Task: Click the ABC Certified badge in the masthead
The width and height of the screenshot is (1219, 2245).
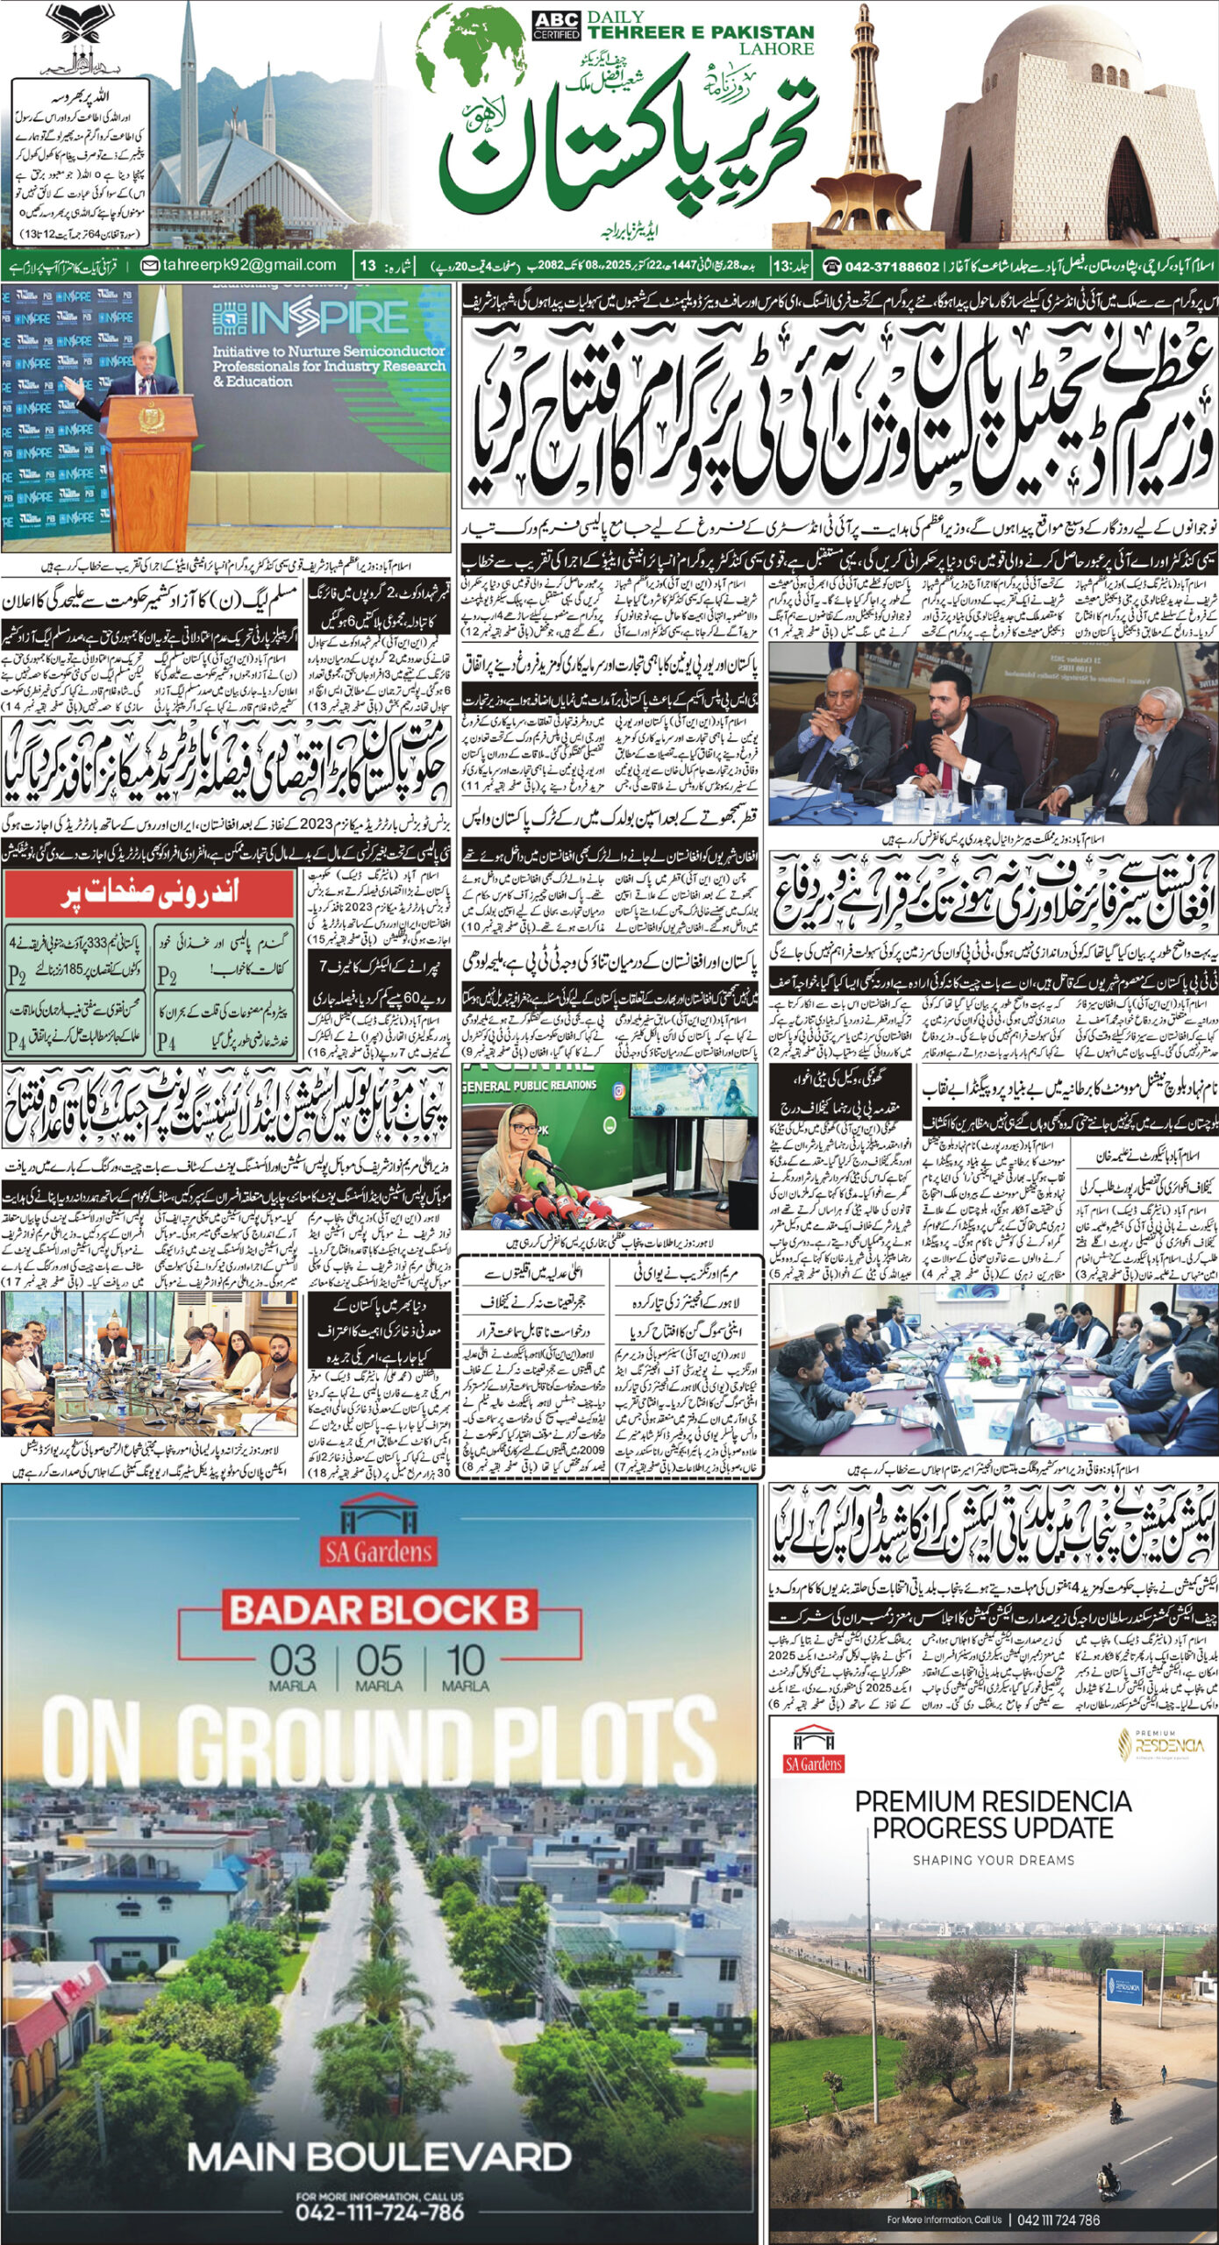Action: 556,25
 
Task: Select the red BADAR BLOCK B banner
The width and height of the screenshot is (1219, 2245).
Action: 380,1609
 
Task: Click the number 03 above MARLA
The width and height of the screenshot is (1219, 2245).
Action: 293,1660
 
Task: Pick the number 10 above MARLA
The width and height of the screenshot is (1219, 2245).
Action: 465,1660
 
